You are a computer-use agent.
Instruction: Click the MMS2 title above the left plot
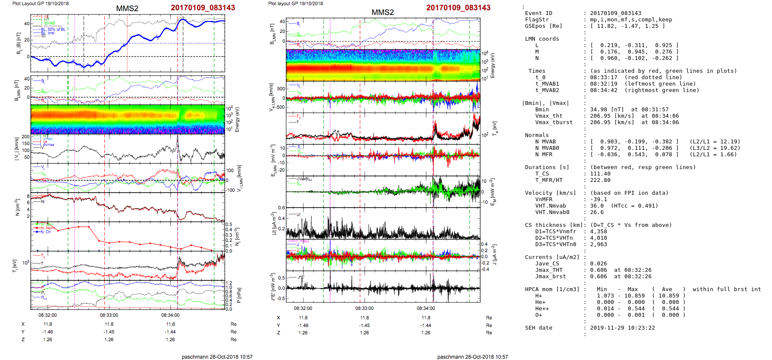tap(127, 9)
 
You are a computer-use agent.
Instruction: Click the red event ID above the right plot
tap(458, 8)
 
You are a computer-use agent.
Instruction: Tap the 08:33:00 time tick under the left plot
tap(109, 315)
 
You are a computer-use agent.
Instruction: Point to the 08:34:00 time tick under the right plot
tap(426, 308)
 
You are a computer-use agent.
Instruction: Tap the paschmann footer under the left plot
tap(217, 357)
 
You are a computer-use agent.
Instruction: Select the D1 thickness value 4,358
tap(598, 232)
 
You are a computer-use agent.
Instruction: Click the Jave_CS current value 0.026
tap(598, 264)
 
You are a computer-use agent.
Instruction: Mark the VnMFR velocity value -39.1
tap(598, 199)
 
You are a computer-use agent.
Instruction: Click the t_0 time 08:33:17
tap(604, 77)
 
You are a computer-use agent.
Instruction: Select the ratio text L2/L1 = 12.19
tap(715, 142)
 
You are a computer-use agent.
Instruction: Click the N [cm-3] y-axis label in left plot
tap(17, 207)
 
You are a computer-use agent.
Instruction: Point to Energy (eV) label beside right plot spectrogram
tap(493, 65)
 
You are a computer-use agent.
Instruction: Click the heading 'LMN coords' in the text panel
tap(542, 39)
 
